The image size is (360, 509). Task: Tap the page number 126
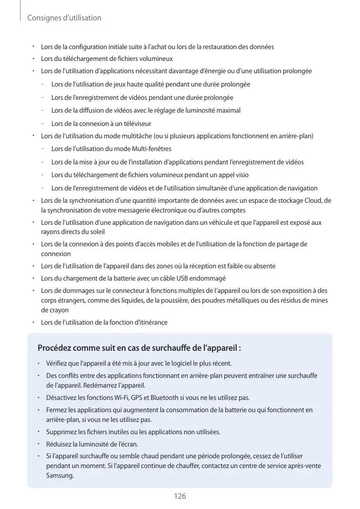pos(180,496)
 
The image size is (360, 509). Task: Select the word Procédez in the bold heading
pos(55,349)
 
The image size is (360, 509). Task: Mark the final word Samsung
pos(60,475)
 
